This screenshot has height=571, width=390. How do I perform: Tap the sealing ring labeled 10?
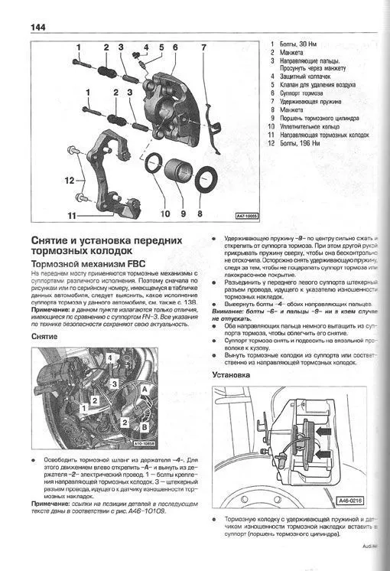[x=155, y=167]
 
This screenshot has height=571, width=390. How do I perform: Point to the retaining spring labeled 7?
[x=215, y=122]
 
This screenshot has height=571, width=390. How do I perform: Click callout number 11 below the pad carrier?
[x=73, y=216]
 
